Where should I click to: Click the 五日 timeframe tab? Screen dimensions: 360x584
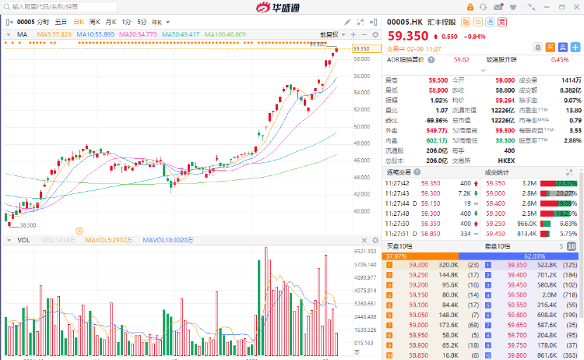point(60,22)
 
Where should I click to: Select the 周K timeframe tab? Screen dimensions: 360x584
point(94,22)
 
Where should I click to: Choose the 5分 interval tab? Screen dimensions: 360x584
point(142,22)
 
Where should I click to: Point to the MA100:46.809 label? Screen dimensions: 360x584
point(225,34)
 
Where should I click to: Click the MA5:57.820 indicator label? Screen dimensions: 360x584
point(54,34)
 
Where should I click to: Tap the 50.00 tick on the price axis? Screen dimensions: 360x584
point(361,126)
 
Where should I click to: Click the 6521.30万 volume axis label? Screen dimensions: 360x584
point(366,252)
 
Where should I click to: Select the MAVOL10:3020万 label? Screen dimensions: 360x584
point(167,240)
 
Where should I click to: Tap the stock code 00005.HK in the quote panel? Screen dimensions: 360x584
point(405,21)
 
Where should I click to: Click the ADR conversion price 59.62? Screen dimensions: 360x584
point(462,59)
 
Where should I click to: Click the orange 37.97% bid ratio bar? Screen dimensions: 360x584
point(420,256)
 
